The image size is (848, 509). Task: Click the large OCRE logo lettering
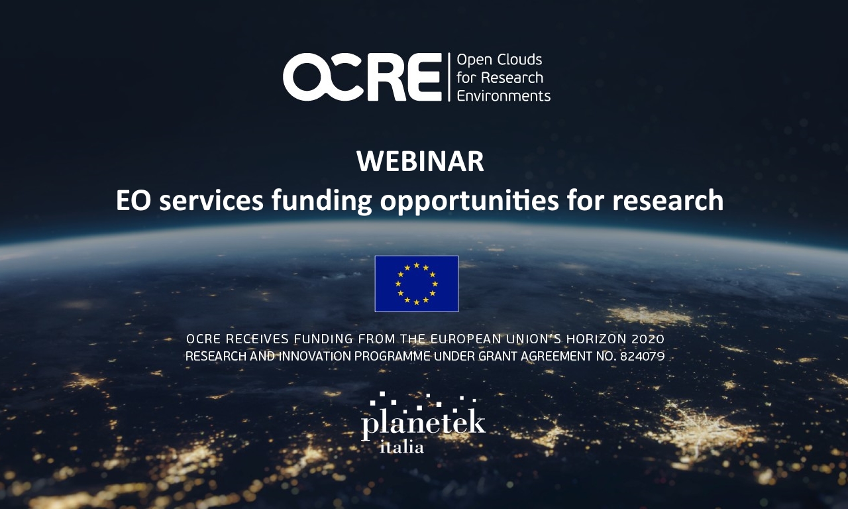pos(362,77)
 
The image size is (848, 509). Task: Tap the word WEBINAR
pos(420,162)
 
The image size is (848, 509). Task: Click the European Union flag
pos(417,284)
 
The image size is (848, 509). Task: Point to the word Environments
pos(503,96)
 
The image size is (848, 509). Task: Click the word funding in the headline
pos(322,201)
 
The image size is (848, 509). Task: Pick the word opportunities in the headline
pos(470,201)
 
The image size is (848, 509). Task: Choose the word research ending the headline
pos(668,200)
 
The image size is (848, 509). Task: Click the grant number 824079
pos(642,357)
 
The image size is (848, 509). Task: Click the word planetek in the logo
pos(423,424)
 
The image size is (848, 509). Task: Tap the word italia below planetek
pos(401,447)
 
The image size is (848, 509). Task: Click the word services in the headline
pos(211,201)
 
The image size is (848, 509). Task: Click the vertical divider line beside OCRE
pos(449,78)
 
